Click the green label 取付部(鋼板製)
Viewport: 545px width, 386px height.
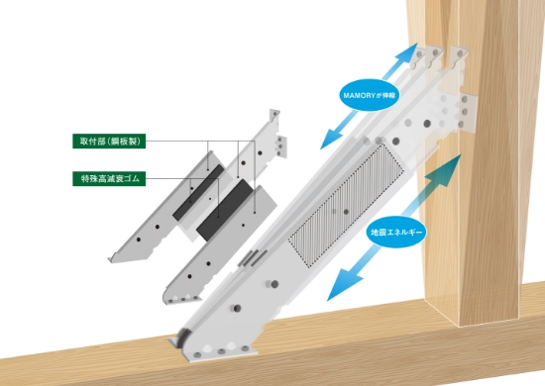[109, 141]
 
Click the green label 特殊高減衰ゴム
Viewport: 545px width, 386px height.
[109, 178]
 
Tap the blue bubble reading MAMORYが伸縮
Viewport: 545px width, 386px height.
[370, 95]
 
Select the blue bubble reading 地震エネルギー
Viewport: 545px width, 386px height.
[396, 232]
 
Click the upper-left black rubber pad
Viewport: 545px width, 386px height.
[198, 193]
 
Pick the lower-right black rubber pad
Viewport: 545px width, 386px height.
[225, 210]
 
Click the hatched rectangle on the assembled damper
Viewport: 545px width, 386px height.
[346, 206]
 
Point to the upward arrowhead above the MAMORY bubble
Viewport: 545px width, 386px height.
[407, 52]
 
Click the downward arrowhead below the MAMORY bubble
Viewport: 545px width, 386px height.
[330, 140]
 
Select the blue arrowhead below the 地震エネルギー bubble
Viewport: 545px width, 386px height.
[343, 285]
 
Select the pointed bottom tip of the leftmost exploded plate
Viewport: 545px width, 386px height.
[111, 259]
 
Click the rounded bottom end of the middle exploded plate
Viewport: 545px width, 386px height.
[167, 298]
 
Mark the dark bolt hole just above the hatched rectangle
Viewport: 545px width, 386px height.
[396, 141]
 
